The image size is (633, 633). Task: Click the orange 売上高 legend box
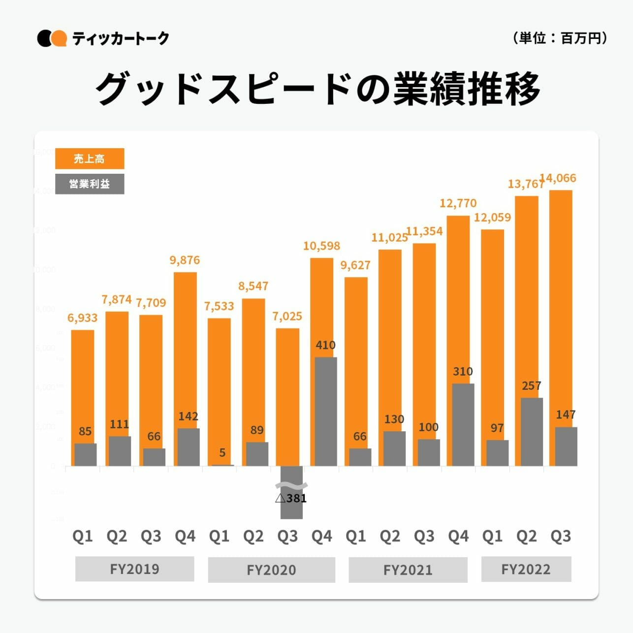point(90,158)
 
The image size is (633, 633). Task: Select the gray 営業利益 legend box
point(90,184)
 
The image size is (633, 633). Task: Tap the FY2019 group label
point(134,569)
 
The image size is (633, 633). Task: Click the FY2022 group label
point(526,569)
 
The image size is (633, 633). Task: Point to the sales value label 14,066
point(558,178)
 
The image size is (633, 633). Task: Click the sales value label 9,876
point(185,260)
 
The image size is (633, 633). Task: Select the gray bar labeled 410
point(325,411)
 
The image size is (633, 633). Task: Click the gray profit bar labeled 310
point(463,424)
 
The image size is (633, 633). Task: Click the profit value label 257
point(532,386)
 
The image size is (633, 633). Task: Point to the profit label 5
point(222,452)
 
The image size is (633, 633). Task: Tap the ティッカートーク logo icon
point(52,38)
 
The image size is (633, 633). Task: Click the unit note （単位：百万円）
point(559,38)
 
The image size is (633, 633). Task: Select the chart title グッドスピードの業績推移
point(317,89)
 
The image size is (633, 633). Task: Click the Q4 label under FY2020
point(321,536)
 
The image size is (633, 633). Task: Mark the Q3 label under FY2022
point(560,536)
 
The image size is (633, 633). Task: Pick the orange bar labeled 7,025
point(287,394)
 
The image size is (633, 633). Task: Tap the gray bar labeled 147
point(566,446)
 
